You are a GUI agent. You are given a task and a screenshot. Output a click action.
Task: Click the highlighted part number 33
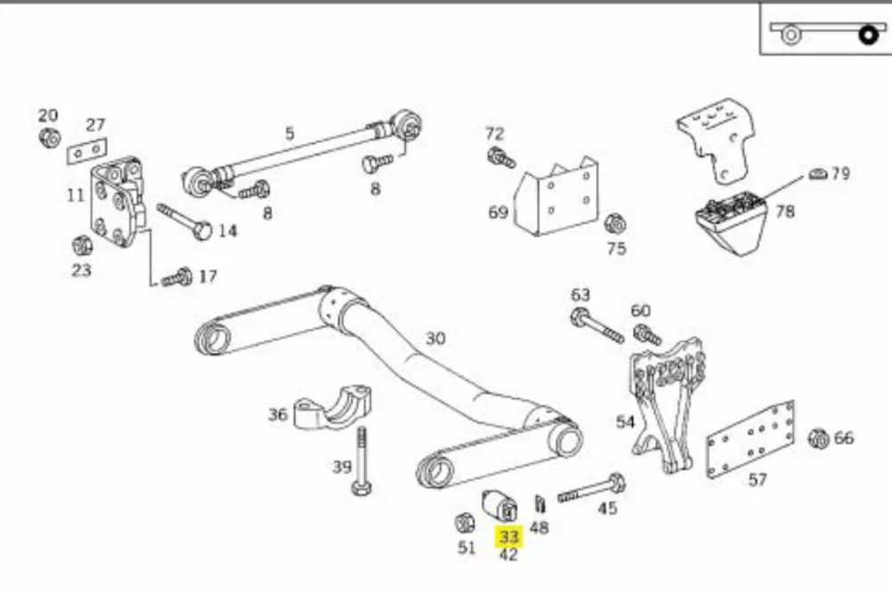(508, 536)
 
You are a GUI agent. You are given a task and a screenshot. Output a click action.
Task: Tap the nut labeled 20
(50, 138)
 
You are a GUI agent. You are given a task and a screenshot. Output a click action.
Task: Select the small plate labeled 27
(87, 150)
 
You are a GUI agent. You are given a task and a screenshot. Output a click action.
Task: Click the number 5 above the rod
(290, 133)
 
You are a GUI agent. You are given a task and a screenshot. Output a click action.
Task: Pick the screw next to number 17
(177, 278)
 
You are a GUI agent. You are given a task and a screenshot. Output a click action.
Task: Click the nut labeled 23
(82, 245)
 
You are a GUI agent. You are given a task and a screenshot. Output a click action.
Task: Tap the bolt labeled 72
(501, 158)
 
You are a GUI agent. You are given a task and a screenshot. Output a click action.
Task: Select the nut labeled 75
(615, 224)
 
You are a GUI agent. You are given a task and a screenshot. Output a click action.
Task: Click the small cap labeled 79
(817, 174)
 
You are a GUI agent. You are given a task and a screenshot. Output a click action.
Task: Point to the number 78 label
(784, 212)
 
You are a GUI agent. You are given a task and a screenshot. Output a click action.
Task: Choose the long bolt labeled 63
(597, 326)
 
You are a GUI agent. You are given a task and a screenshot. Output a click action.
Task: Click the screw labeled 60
(648, 334)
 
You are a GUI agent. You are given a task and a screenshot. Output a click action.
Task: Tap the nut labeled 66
(819, 438)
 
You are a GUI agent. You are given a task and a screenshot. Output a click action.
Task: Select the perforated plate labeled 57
(750, 439)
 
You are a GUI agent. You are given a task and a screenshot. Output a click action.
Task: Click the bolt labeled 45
(591, 488)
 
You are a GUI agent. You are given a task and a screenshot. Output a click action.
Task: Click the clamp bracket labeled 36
(332, 407)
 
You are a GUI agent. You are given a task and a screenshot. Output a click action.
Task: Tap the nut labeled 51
(466, 522)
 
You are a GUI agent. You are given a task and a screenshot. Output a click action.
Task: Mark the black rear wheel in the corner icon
(868, 36)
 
